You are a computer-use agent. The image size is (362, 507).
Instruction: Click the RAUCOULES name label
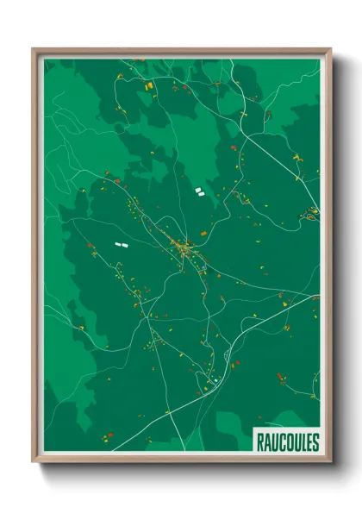tap(287, 442)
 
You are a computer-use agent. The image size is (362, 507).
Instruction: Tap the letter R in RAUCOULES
tap(259, 442)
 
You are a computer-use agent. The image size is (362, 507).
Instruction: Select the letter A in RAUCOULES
tap(266, 442)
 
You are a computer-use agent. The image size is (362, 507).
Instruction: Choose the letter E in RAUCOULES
tap(307, 442)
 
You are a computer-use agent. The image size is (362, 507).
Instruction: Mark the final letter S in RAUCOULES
tap(314, 442)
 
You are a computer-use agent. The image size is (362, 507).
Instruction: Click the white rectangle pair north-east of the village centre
tap(199, 191)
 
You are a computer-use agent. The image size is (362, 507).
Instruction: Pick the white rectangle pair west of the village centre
tap(120, 244)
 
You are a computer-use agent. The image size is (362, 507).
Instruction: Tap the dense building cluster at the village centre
tap(184, 250)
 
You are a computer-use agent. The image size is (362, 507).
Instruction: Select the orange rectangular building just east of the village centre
tap(203, 234)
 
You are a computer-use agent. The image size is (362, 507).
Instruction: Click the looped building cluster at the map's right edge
tap(310, 216)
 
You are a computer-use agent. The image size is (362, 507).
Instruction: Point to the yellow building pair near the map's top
tap(148, 86)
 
